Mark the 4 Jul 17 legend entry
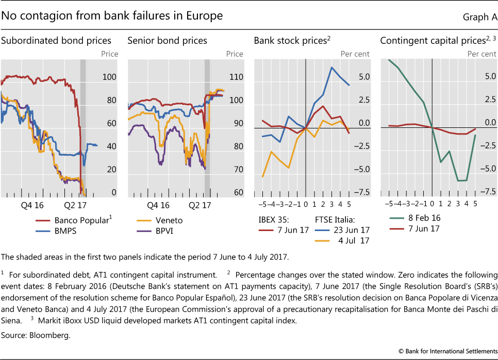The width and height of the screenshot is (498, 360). [351, 240]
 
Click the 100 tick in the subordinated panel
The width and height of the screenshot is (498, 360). [109, 77]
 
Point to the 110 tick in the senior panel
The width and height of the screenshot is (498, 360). [236, 77]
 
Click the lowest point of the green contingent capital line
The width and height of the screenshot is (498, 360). [457, 181]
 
